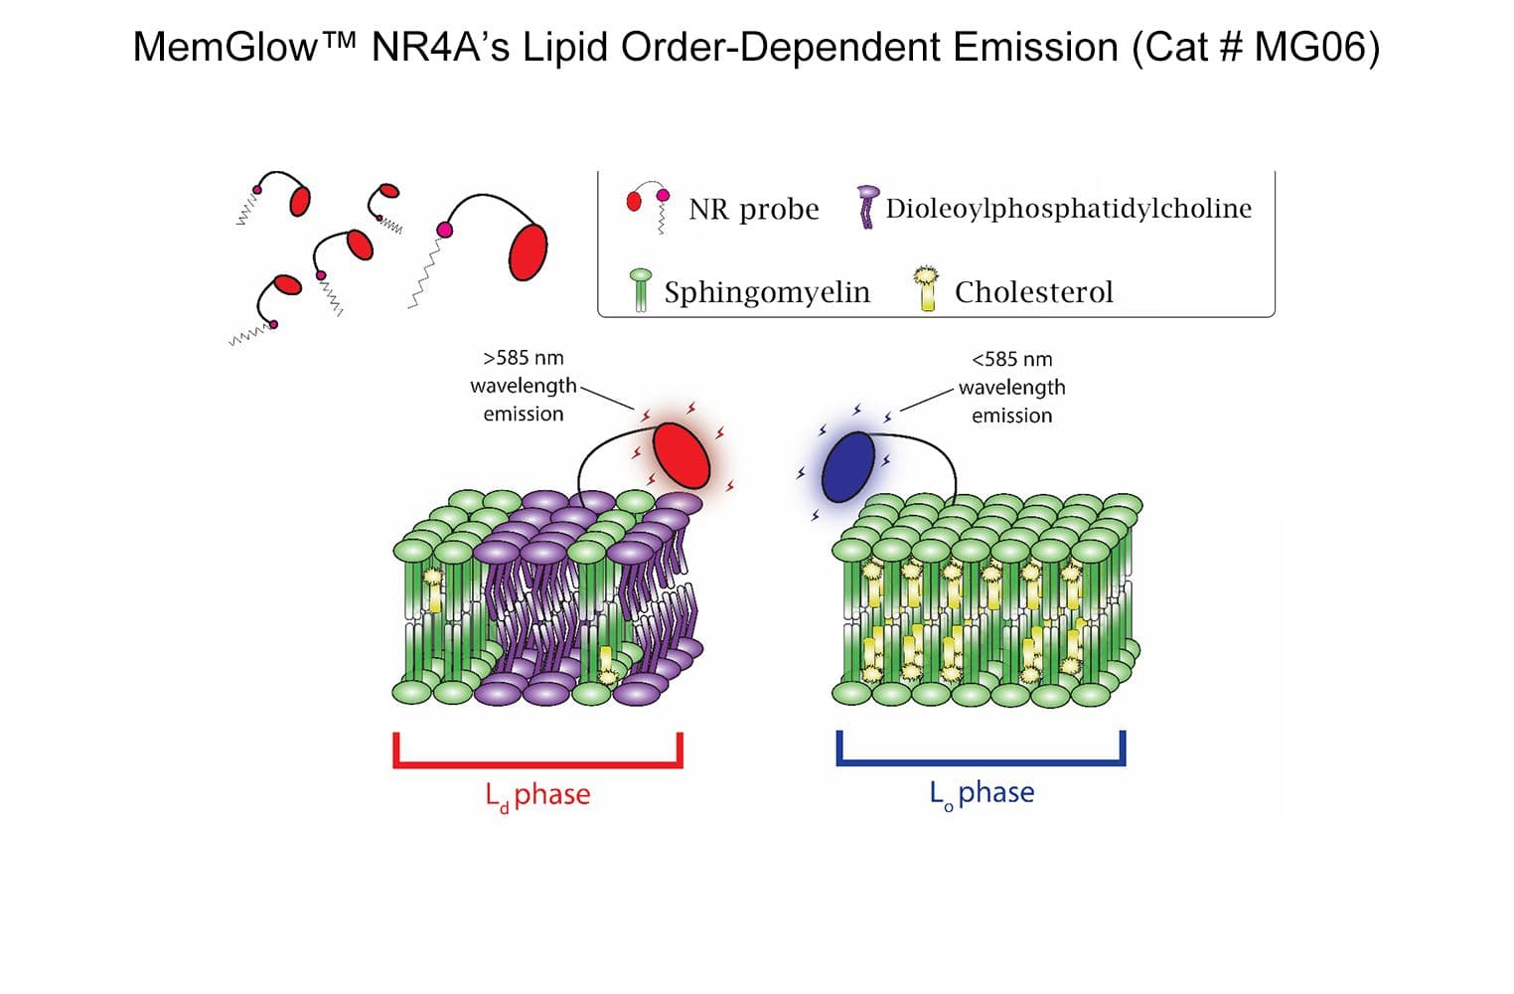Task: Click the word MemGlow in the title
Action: pyautogui.click(x=225, y=47)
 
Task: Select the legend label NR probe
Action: pyautogui.click(x=753, y=209)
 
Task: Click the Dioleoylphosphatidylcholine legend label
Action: pyautogui.click(x=1068, y=208)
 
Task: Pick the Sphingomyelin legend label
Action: pyautogui.click(x=766, y=291)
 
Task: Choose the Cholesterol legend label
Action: pyautogui.click(x=1033, y=291)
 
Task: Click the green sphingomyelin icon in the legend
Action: pyautogui.click(x=641, y=288)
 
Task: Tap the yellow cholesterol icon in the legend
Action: pyautogui.click(x=927, y=288)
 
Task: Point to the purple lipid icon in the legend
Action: pyautogui.click(x=867, y=207)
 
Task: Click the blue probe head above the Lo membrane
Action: pyautogui.click(x=847, y=467)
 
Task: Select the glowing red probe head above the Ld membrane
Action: pyautogui.click(x=681, y=455)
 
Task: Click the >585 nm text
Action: pyautogui.click(x=523, y=358)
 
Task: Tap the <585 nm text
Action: pyautogui.click(x=1011, y=359)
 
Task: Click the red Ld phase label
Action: pyautogui.click(x=537, y=794)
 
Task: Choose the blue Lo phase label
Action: pyautogui.click(x=982, y=792)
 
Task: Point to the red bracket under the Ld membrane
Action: pyautogui.click(x=537, y=763)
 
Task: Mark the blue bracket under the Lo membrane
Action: pyautogui.click(x=981, y=761)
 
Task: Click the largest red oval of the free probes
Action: pyautogui.click(x=528, y=251)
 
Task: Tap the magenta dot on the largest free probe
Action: pyautogui.click(x=444, y=231)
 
